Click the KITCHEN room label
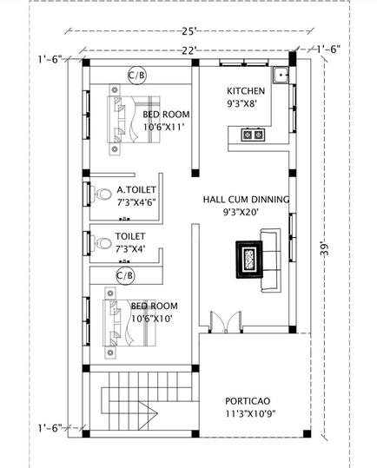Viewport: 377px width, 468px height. coord(247,91)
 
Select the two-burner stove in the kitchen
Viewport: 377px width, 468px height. coord(253,134)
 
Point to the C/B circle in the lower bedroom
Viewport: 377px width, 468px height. coord(124,276)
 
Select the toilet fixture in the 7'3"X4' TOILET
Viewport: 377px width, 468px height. coord(97,244)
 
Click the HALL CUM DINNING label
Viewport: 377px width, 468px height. coord(246,199)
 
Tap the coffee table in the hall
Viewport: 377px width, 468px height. coord(248,257)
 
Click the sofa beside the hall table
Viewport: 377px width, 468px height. coord(270,257)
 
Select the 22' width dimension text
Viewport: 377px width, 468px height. coord(189,50)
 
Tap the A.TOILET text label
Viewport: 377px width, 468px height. coord(136,188)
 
